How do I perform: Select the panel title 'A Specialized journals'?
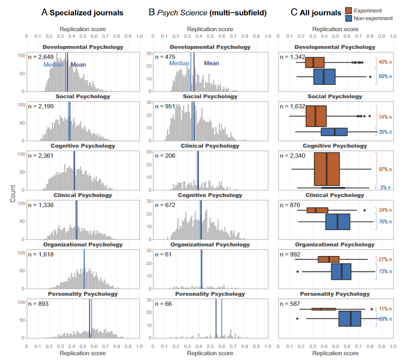pos(82,12)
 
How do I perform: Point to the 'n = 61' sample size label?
pos(163,255)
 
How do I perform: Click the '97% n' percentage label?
pos(385,169)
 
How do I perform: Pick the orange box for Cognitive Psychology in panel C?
pos(326,169)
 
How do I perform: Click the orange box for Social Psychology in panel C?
pos(316,116)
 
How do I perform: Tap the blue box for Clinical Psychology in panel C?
pos(338,222)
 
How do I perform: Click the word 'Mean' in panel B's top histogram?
pos(211,63)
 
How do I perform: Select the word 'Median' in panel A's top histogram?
pos(53,65)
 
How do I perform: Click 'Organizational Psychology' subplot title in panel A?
pos(83,244)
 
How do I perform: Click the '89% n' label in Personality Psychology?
pos(385,319)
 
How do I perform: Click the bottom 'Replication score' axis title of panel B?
pos(210,353)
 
